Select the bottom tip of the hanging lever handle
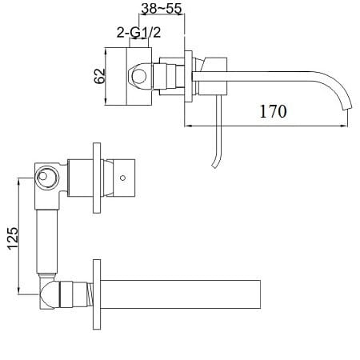pos(212,166)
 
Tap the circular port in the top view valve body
pos(140,77)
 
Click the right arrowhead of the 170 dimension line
pos(350,126)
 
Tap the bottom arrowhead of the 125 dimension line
pos(18,296)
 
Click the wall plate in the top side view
pos(189,77)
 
